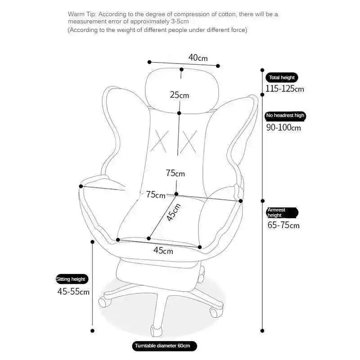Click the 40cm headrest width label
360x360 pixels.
point(198,58)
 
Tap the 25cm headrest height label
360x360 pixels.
point(179,95)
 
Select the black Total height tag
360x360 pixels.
point(282,77)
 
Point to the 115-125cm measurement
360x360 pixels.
point(284,89)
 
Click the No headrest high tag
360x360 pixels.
point(285,116)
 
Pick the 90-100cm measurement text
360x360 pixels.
point(283,127)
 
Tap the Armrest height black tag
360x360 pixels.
point(282,212)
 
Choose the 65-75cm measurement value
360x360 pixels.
point(283,225)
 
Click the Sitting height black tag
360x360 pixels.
point(71,279)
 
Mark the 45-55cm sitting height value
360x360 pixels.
point(73,292)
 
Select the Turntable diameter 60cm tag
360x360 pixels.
point(165,346)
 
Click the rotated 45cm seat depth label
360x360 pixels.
point(173,212)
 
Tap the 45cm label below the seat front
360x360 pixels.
point(163,251)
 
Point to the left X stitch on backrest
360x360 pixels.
point(159,139)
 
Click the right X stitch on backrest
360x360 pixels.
point(190,139)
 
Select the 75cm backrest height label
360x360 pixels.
point(175,173)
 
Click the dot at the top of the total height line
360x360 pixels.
point(263,70)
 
